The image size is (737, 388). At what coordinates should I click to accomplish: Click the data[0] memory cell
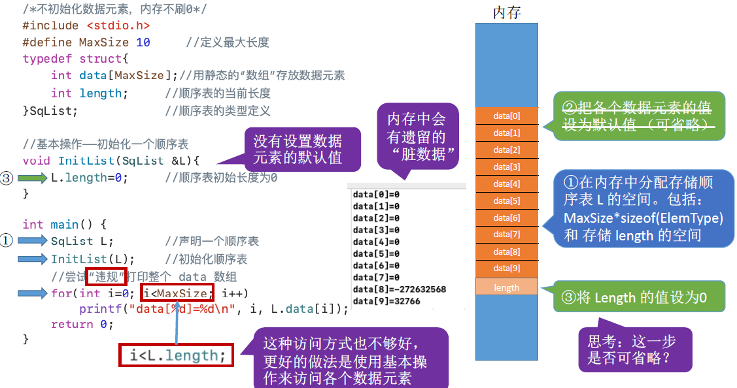coord(507,116)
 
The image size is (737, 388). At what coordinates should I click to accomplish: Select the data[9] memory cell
coord(507,268)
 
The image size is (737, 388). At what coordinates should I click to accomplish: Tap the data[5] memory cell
coord(507,201)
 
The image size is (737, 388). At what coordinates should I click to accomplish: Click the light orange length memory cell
coord(507,287)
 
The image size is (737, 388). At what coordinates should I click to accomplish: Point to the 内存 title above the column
coord(507,12)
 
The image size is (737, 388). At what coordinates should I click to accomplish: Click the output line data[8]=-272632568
coord(400,289)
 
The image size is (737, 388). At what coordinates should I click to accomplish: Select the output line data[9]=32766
coord(386,301)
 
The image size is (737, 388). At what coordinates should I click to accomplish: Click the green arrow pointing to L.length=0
coord(33,178)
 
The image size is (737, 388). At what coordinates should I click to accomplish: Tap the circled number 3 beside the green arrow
coord(7,178)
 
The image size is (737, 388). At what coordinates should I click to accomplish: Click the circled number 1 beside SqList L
coord(7,240)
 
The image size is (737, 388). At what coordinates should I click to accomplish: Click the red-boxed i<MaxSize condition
coord(177,293)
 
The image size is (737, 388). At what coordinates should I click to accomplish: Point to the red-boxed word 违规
coord(106,276)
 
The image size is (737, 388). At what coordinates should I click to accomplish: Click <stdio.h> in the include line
coord(118,25)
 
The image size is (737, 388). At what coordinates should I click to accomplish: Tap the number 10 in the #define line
coord(143,42)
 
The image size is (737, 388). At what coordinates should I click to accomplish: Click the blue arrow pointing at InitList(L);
coord(33,259)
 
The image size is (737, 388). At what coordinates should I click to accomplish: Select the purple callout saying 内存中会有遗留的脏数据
coord(418,137)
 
